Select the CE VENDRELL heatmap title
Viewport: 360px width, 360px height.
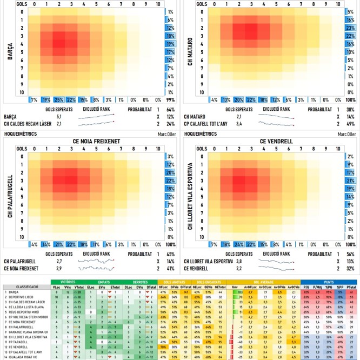point(276,142)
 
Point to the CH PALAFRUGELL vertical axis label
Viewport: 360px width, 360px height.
point(10,198)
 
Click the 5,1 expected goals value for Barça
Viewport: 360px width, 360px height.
point(58,116)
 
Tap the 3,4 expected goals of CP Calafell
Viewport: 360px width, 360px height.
point(238,124)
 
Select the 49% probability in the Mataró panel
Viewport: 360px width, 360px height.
point(350,124)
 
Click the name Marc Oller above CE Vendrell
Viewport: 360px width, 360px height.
point(347,134)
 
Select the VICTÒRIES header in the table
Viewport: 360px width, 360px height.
point(69,282)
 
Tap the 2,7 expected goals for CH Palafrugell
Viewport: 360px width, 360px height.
point(58,261)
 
